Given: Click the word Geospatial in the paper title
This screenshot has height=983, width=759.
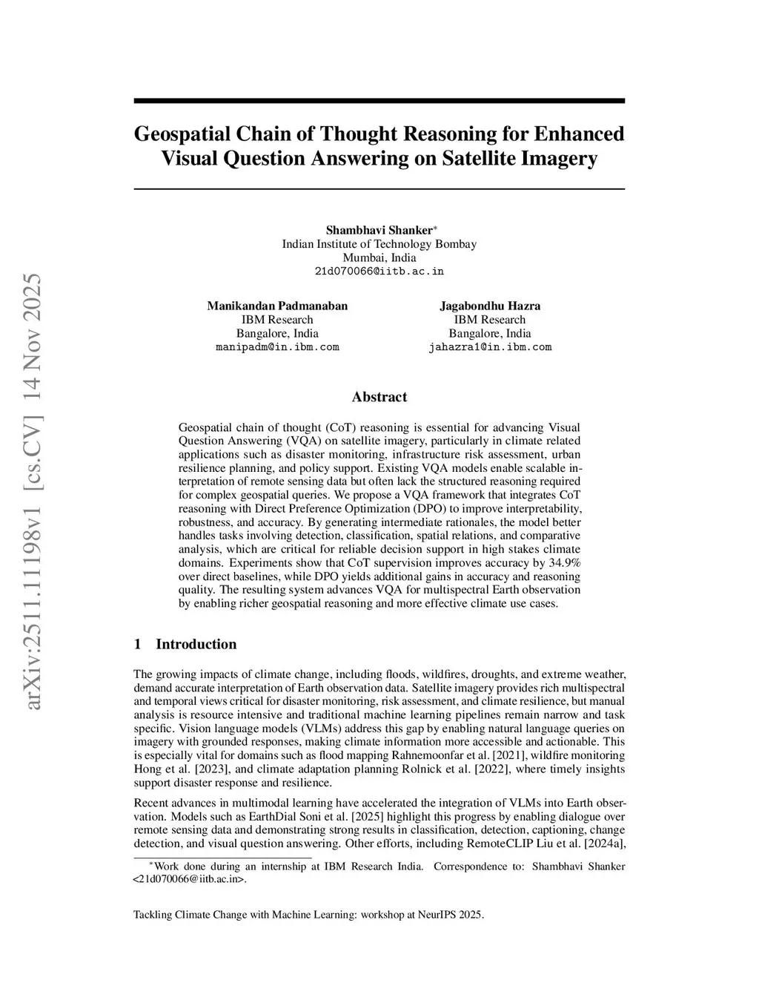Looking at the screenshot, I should [181, 134].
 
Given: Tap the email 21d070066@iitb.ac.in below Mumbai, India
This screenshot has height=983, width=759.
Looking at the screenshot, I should [379, 272].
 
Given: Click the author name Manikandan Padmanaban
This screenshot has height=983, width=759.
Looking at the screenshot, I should [277, 306].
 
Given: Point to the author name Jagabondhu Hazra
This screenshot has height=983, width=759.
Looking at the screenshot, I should [490, 306].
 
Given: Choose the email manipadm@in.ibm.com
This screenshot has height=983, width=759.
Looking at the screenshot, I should [277, 347].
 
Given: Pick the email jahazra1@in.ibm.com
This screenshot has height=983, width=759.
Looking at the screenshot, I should [490, 347].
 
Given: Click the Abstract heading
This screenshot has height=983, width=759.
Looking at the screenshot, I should [379, 397].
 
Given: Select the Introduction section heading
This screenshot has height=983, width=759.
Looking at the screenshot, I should [196, 644].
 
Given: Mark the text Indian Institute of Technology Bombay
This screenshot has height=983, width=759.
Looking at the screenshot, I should [379, 244].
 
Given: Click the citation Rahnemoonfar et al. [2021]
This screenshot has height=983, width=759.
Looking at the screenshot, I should [513, 755].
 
